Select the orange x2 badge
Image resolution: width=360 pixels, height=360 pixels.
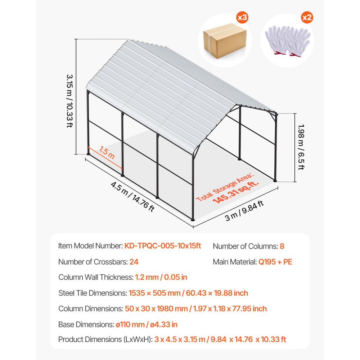[307, 17]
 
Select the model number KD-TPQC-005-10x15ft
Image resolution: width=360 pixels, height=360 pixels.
[163, 246]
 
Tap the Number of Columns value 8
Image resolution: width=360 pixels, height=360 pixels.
[282, 246]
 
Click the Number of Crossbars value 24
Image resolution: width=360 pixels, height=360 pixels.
[134, 262]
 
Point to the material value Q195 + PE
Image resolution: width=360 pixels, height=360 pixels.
[275, 262]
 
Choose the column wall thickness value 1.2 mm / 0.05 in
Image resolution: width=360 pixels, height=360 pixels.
[161, 277]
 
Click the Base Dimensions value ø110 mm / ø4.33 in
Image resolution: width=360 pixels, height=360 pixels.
[151, 324]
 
